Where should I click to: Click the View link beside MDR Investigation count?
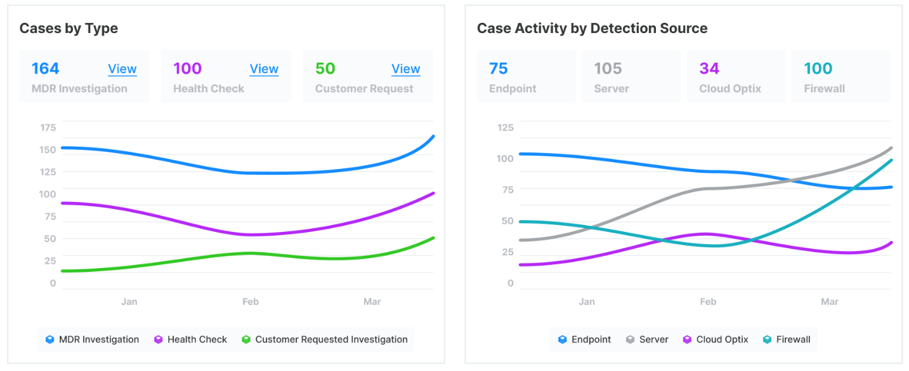(x=122, y=69)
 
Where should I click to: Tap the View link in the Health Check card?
(x=264, y=69)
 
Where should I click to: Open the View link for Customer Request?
(x=405, y=69)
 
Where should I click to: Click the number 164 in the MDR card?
(x=45, y=69)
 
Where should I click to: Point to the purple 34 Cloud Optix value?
(x=710, y=69)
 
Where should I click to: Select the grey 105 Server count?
(x=608, y=69)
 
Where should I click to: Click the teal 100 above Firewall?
(x=818, y=69)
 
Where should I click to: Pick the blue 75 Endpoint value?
(x=499, y=69)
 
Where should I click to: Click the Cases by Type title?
(x=69, y=29)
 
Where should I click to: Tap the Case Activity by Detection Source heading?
(x=592, y=29)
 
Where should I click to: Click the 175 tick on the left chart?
(x=48, y=128)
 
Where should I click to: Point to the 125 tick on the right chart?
(x=506, y=128)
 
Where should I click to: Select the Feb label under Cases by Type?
(x=251, y=302)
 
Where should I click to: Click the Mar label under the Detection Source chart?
(x=830, y=302)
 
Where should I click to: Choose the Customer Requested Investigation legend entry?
(x=331, y=340)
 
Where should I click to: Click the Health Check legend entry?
(x=197, y=340)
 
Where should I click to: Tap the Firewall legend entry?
(x=793, y=340)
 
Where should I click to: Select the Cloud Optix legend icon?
(x=687, y=340)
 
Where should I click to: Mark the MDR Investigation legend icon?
(x=50, y=340)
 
